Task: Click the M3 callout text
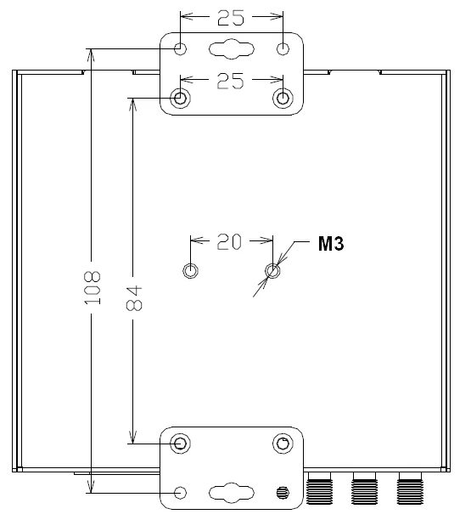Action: pos(331,245)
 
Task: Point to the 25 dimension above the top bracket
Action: pos(232,17)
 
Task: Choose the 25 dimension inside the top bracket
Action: pos(232,81)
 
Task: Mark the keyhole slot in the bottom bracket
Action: pos(232,492)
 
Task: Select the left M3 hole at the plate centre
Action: pos(191,270)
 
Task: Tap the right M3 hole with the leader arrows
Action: pos(272,270)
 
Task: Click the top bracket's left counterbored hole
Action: pos(181,99)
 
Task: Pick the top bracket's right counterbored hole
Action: pos(283,99)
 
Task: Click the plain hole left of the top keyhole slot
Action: pos(181,48)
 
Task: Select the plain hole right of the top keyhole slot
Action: pos(283,48)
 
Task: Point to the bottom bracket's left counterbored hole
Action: pos(181,444)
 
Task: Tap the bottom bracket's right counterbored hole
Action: pos(283,444)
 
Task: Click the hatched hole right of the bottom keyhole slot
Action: pos(283,492)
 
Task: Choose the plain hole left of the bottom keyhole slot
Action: pos(181,493)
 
